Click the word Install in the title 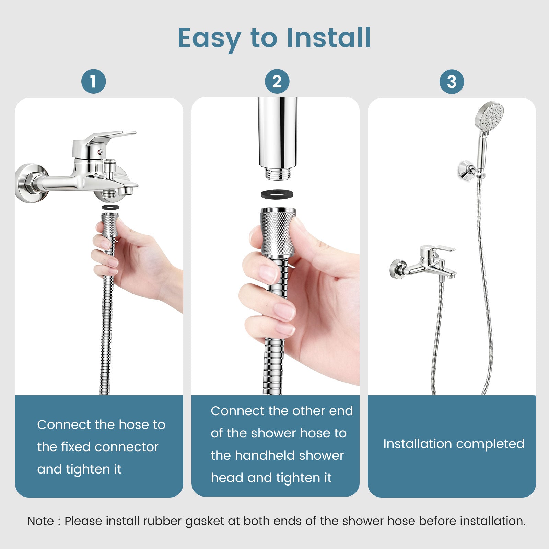pyautogui.click(x=328, y=38)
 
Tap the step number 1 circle pyautogui.click(x=93, y=82)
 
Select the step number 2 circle pyautogui.click(x=277, y=82)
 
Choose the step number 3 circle pyautogui.click(x=452, y=82)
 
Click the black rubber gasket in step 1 pyautogui.click(x=110, y=207)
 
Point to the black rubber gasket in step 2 pyautogui.click(x=277, y=194)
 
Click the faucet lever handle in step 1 pyautogui.click(x=110, y=136)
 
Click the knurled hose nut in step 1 pyautogui.click(x=110, y=225)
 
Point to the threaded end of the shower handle pyautogui.click(x=277, y=174)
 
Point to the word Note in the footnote pyautogui.click(x=40, y=521)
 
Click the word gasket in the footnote pyautogui.click(x=205, y=521)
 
